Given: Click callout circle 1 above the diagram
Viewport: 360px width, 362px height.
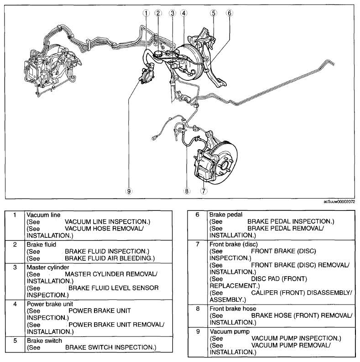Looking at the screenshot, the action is [146, 13].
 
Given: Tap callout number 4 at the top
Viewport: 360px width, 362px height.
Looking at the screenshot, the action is [184, 13].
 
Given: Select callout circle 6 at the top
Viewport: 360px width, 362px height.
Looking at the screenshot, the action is [230, 13].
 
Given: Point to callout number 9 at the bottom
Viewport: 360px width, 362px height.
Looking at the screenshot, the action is [129, 191].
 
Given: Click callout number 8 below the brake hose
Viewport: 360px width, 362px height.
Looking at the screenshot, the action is [187, 191].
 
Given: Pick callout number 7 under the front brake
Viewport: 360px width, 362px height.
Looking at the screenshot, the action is [203, 191].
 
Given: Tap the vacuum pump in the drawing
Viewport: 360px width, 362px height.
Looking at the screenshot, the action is [147, 75].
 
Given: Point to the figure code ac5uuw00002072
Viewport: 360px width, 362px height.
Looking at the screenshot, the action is [339, 202].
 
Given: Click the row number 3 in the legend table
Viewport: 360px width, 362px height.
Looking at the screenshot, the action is [15, 268].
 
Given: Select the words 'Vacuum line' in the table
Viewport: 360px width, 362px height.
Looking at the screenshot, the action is [43, 215].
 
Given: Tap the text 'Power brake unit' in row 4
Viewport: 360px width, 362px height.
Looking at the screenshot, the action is [50, 304].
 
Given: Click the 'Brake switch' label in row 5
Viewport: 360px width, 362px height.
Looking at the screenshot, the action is [44, 341].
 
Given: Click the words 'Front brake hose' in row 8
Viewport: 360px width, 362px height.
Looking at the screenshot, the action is [233, 309].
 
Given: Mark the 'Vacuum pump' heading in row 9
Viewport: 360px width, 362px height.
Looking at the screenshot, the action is [230, 332].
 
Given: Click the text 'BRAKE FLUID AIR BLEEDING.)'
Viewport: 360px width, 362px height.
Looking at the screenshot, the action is [110, 258].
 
